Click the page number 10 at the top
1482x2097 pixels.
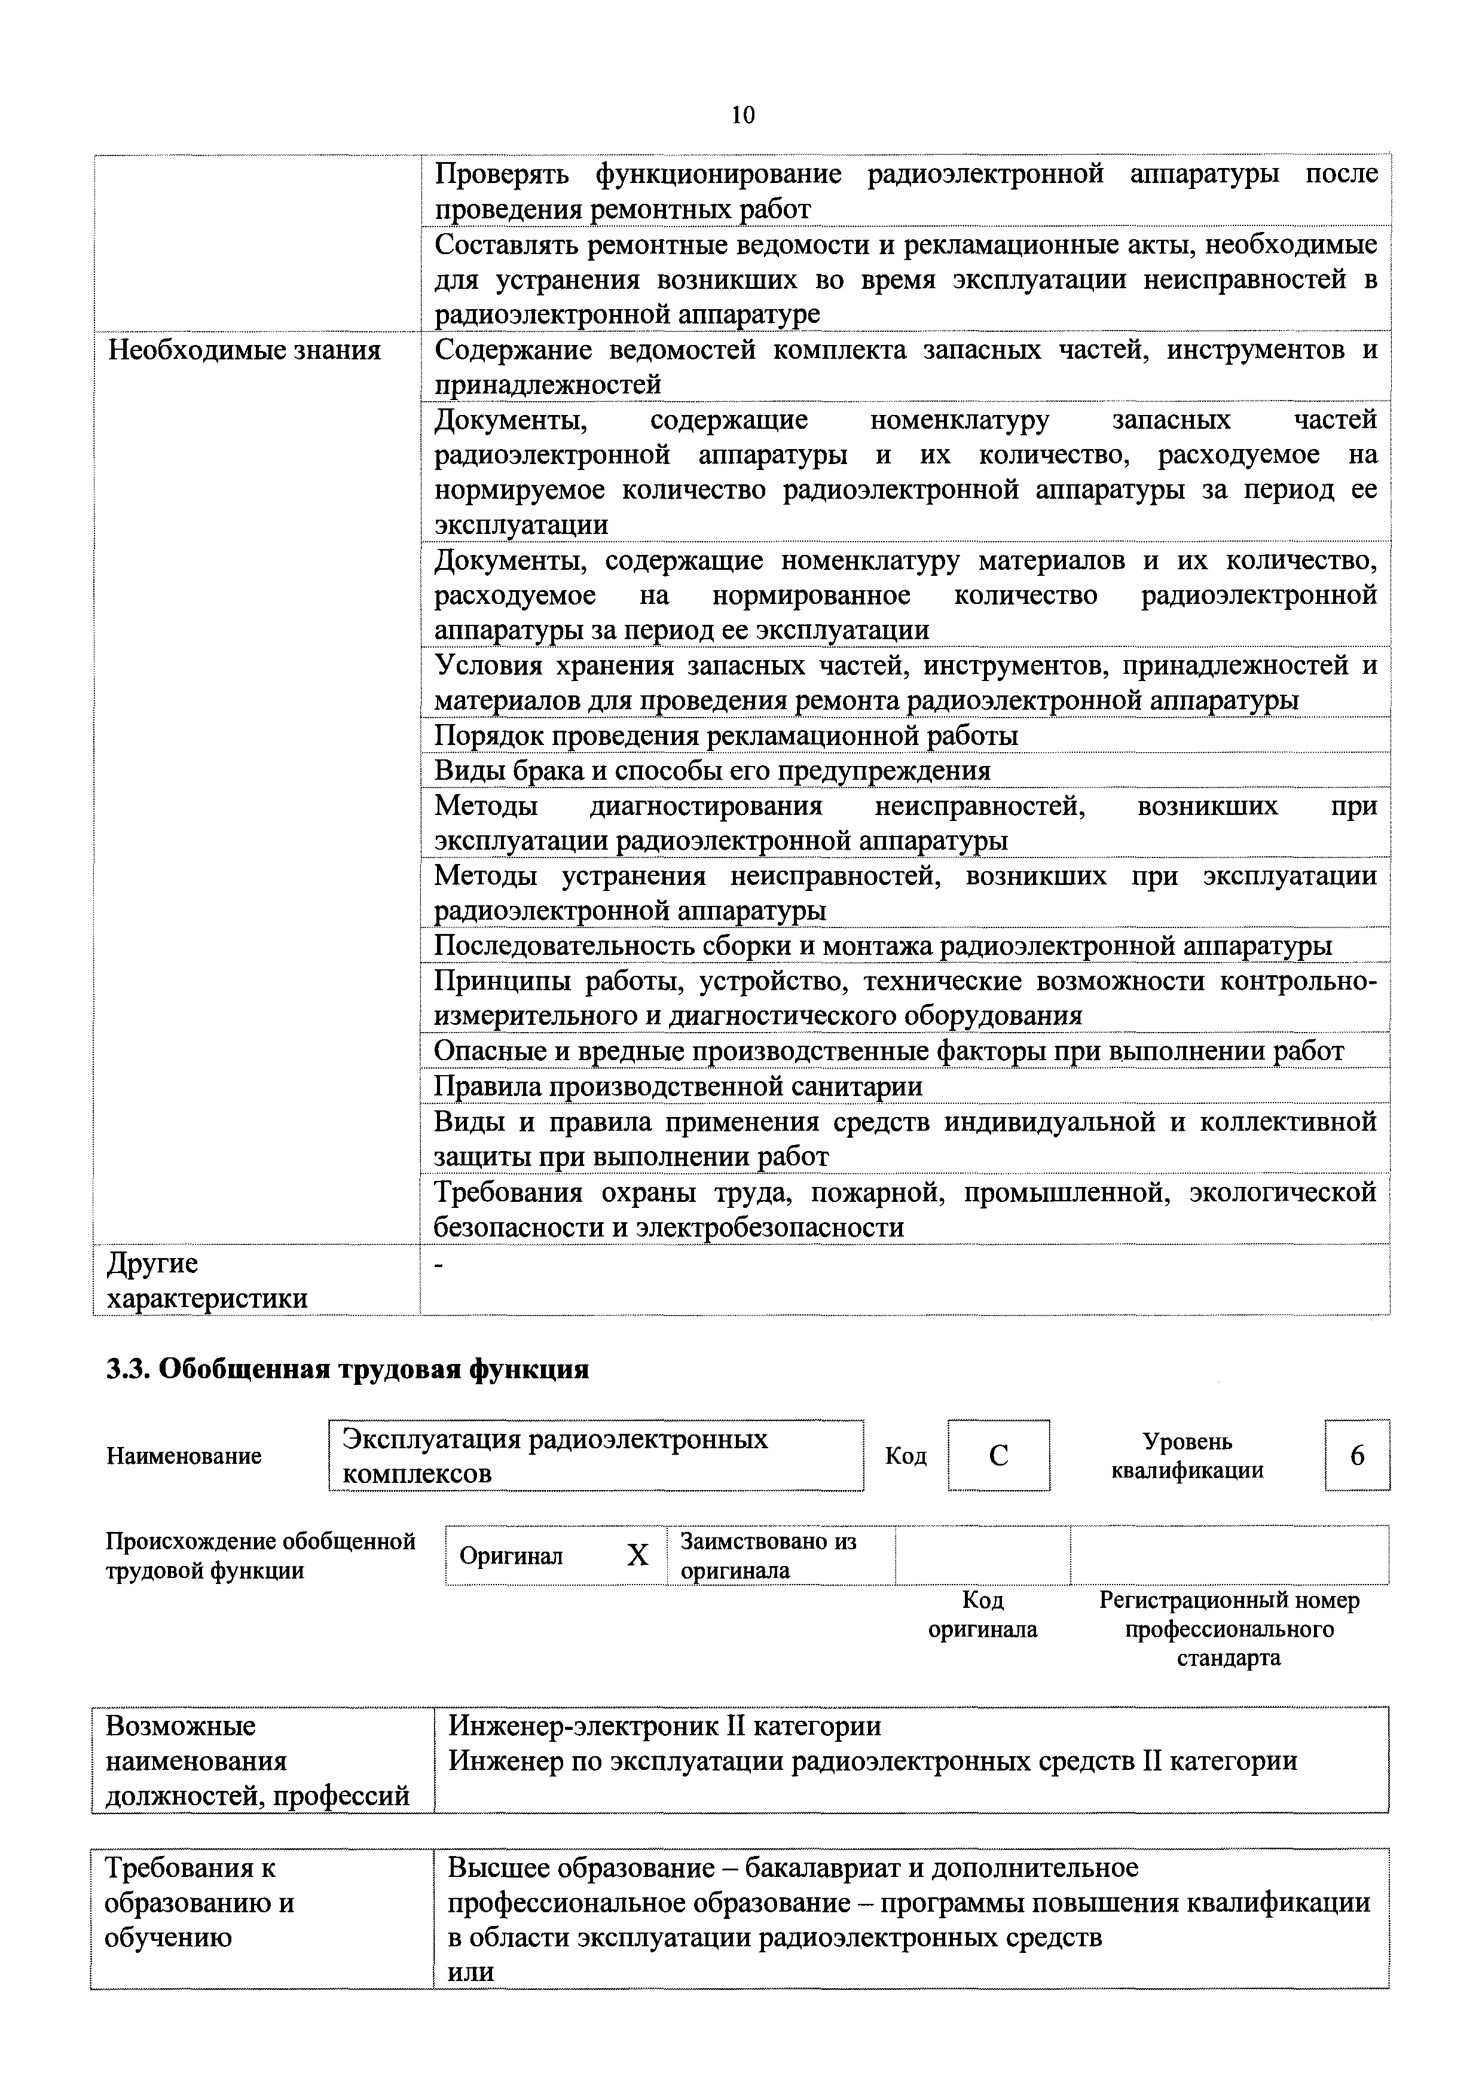(742, 115)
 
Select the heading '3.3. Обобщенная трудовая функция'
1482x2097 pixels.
(347, 1369)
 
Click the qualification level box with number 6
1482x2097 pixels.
(1357, 1455)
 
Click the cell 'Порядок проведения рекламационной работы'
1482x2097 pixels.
(726, 735)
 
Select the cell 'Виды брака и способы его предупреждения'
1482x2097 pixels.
(712, 771)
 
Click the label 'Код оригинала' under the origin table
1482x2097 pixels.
(983, 1614)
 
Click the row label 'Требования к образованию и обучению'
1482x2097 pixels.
(200, 1903)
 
